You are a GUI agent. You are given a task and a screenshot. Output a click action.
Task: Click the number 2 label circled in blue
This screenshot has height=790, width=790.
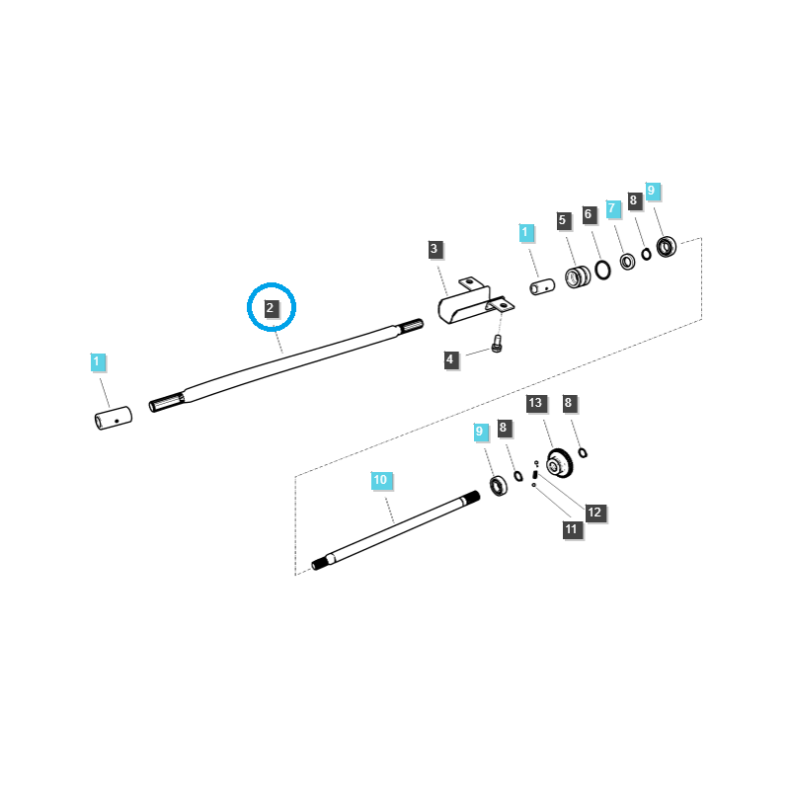pos(271,308)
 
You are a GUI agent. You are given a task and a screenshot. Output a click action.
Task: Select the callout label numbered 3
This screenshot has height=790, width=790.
pos(434,249)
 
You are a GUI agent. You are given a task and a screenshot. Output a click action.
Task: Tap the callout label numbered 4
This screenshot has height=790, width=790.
pos(450,360)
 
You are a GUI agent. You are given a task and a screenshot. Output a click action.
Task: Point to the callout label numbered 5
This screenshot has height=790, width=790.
pos(563,221)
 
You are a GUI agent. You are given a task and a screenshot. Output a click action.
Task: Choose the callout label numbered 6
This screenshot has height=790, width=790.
pos(588,214)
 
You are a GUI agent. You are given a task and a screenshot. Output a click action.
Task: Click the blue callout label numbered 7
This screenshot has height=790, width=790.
pos(612,208)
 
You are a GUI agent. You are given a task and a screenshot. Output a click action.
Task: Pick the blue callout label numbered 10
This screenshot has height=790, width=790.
pos(381,480)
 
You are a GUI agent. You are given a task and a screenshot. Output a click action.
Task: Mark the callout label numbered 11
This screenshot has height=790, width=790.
pos(571,529)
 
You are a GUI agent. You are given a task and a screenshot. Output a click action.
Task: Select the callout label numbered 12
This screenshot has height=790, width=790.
pos(594,513)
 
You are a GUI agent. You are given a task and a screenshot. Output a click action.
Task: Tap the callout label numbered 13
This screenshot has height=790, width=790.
pos(535,403)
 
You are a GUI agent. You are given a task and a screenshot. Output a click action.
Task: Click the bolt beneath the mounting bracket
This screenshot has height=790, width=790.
pos(498,345)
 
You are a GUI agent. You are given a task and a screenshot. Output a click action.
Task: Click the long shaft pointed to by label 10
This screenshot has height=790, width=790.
pos(395,529)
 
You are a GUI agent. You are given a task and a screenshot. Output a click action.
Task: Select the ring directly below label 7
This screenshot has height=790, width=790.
pos(626,262)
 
